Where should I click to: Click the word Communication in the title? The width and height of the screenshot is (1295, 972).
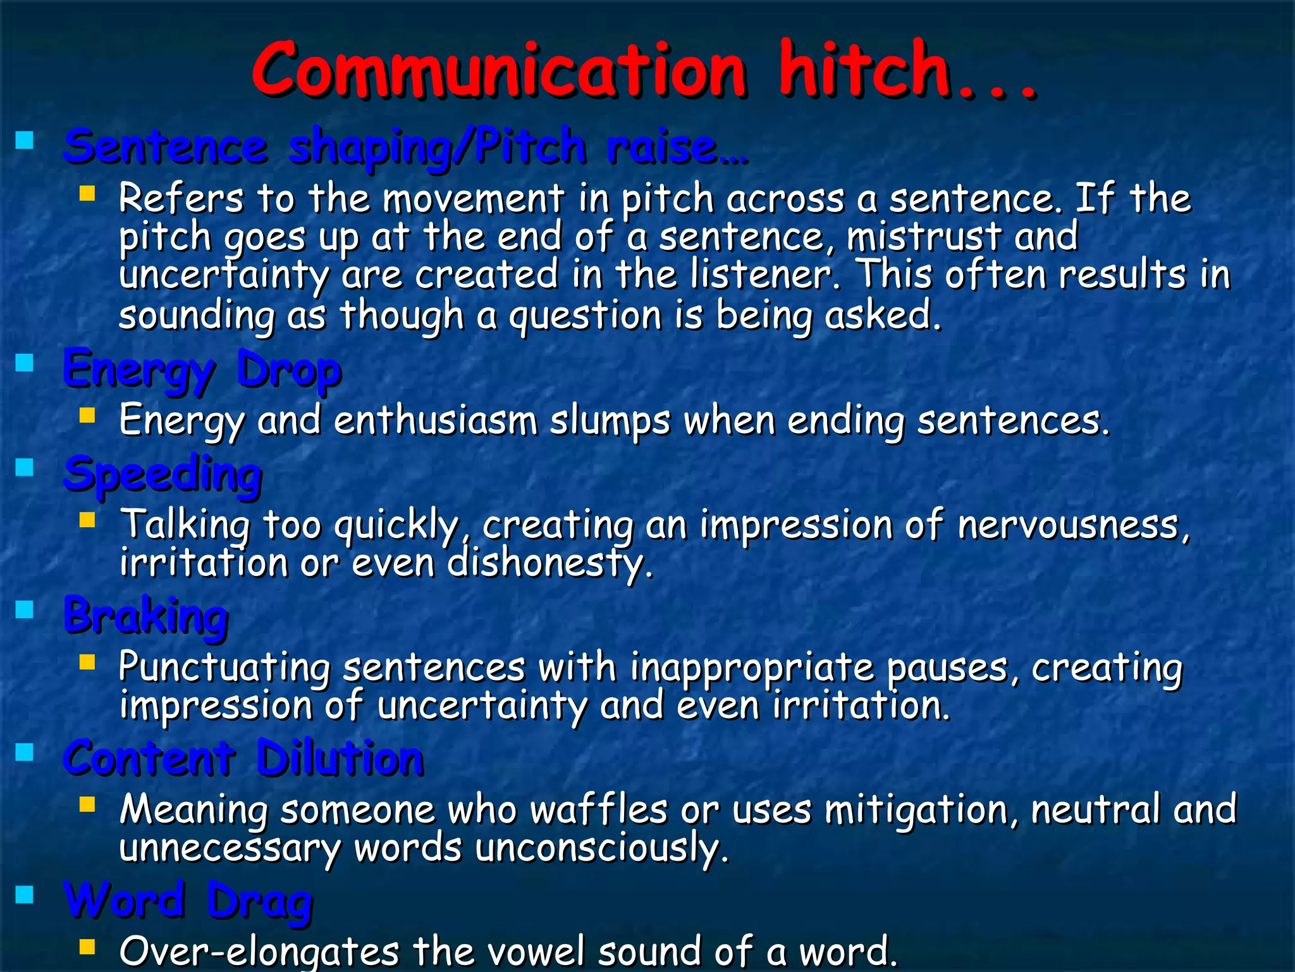pyautogui.click(x=499, y=71)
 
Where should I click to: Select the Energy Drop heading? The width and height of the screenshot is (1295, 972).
pyautogui.click(x=202, y=370)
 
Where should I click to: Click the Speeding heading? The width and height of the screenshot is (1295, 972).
pyautogui.click(x=163, y=475)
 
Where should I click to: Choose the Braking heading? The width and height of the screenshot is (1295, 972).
pyautogui.click(x=146, y=616)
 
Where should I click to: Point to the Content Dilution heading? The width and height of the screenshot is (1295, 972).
pyautogui.click(x=244, y=758)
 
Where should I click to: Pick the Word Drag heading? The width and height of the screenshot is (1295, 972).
pyautogui.click(x=188, y=900)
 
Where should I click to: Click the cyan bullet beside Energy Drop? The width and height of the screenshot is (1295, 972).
pyautogui.click(x=25, y=363)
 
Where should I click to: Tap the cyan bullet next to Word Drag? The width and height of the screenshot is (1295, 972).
pyautogui.click(x=25, y=894)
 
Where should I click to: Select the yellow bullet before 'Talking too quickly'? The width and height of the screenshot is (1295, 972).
pyautogui.click(x=87, y=520)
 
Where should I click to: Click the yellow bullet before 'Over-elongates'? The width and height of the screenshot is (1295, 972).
pyautogui.click(x=87, y=947)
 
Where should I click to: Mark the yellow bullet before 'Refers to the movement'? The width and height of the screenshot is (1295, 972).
pyautogui.click(x=87, y=193)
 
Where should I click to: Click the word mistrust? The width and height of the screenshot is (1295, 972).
pyautogui.click(x=924, y=237)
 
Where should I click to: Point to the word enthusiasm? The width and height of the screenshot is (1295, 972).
pyautogui.click(x=435, y=421)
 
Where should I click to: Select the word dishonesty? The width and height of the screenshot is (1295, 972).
pyautogui.click(x=549, y=563)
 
